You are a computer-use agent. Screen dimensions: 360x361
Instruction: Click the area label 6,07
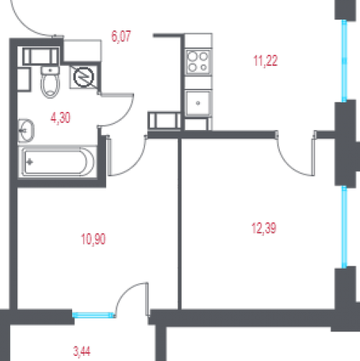point(121,37)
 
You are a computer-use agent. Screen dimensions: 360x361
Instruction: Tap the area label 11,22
point(265,61)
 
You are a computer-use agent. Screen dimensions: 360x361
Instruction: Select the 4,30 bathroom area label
point(61,118)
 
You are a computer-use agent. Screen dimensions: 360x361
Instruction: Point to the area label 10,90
point(93,239)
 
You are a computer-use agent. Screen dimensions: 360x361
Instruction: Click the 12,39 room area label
point(264,228)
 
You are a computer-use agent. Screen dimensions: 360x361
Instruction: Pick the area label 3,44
point(82,352)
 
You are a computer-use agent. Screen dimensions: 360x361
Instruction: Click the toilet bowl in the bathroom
point(50,82)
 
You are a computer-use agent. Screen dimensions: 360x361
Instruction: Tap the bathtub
point(58,162)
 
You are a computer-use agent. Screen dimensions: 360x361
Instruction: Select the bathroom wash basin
point(26,131)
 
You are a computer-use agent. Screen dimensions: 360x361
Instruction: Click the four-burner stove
point(198,62)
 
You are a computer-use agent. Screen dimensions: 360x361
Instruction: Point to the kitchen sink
point(198,103)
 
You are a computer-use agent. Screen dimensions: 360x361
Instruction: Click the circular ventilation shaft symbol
point(84,77)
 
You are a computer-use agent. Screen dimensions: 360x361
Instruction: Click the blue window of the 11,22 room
point(344,61)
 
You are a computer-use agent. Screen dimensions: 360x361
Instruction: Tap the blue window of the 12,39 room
point(344,227)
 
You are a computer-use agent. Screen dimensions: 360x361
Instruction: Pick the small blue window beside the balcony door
point(93,315)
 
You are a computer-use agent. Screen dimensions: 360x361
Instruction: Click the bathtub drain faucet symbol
point(30,162)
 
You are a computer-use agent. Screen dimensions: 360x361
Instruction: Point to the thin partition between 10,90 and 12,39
point(180,224)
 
